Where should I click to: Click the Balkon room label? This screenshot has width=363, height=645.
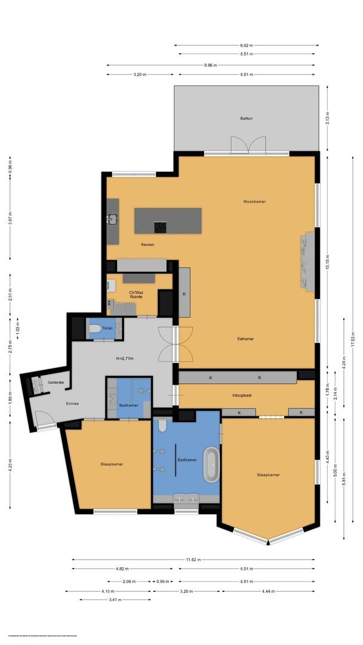pos(247,118)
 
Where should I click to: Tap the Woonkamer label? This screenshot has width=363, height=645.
pos(254,201)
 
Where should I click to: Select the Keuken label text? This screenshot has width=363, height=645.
pos(147,245)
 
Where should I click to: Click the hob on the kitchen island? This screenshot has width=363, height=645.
pos(161,227)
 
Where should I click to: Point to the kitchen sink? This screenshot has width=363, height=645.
pos(112,219)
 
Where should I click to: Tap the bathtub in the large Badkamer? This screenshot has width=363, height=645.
pos(211,466)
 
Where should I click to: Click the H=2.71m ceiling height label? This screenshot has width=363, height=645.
pos(124,358)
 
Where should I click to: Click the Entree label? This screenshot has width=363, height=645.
pos(72,403)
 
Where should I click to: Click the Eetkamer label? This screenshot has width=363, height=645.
pos(245,339)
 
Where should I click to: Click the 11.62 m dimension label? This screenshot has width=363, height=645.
pos(193,560)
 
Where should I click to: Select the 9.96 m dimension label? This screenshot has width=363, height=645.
pos(210,65)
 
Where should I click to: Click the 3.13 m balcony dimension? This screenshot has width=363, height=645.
pos(327,118)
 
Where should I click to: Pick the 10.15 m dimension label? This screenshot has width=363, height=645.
pos(327,262)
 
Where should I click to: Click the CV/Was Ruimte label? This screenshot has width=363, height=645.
pos(138,295)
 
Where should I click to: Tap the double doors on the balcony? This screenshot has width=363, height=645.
pos(248,145)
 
